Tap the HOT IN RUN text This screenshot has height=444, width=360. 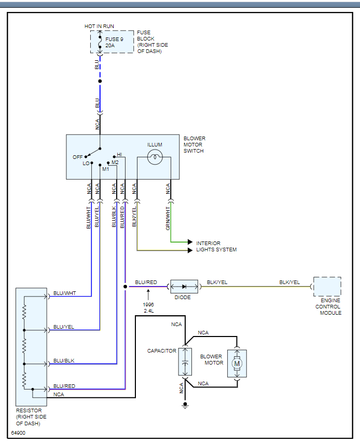[x=99, y=26]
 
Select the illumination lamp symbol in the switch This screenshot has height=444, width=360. [x=155, y=157]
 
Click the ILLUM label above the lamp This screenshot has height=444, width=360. [x=155, y=145]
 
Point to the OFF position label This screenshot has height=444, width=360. [x=77, y=157]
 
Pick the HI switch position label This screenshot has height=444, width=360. [x=119, y=155]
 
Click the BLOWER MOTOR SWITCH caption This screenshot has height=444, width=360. [x=195, y=145]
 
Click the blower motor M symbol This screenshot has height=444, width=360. [x=237, y=363]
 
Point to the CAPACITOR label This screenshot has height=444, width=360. [x=162, y=351]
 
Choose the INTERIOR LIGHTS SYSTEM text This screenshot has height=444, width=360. [x=216, y=246]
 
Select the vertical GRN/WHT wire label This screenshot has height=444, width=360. [x=168, y=218]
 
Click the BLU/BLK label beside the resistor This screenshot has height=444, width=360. [x=64, y=360]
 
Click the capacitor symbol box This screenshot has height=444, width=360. [x=185, y=362]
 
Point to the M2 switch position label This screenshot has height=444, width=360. [x=115, y=163]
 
